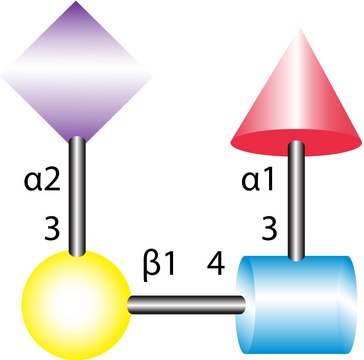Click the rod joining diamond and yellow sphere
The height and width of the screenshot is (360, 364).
pos(73,195)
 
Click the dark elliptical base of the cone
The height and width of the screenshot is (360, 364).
pos(297,143)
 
